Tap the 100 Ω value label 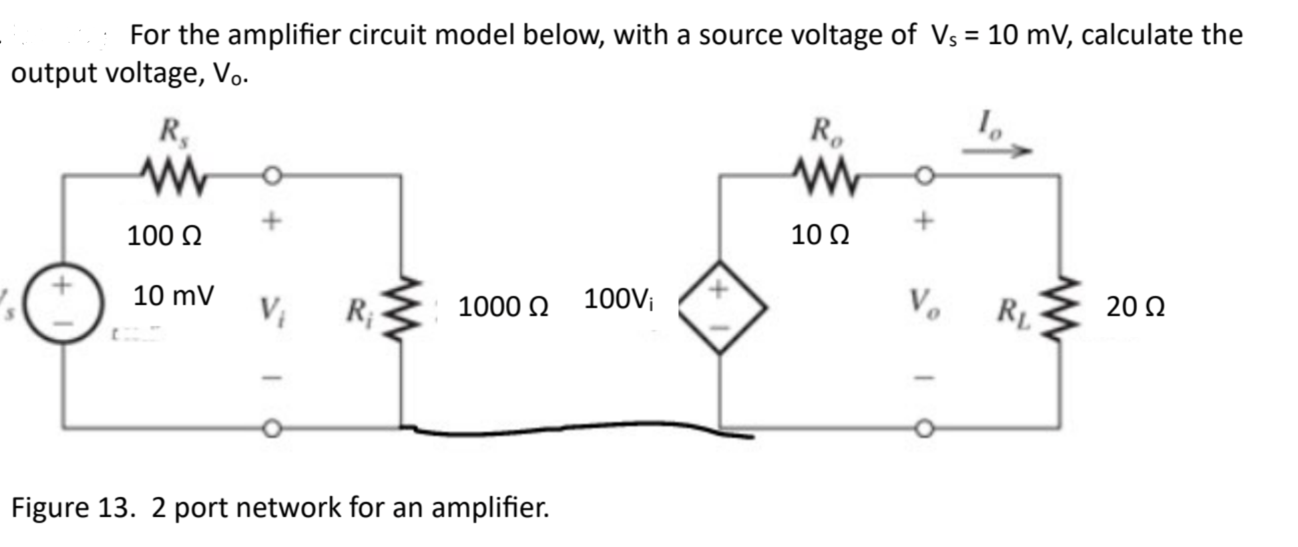coord(164,235)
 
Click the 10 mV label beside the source coord(174,296)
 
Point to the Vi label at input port coord(270,308)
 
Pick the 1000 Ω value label coord(503,307)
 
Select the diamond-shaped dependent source coord(720,306)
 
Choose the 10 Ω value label coord(820,235)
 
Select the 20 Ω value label coord(1135,307)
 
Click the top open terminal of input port coord(271,175)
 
